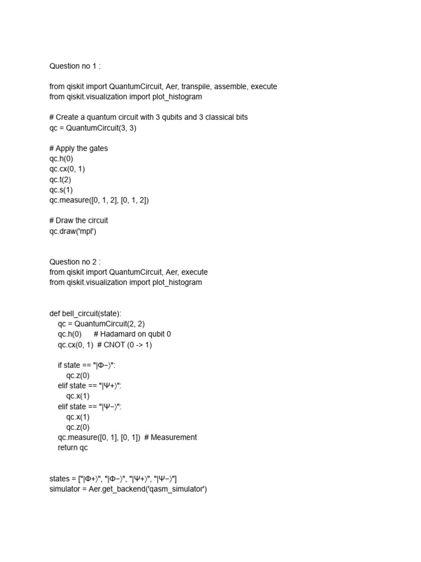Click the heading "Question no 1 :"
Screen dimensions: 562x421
point(75,66)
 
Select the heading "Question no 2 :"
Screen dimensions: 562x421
point(75,262)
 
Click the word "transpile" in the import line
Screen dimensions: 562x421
point(194,87)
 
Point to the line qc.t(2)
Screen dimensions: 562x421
point(60,179)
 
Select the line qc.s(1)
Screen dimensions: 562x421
point(61,190)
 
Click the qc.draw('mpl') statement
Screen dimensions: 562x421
point(72,231)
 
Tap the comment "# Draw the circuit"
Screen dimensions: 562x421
point(79,221)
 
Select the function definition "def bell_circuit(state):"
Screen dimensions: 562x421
point(86,313)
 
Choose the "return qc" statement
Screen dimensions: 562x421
point(72,448)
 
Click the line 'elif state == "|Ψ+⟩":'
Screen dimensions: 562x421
point(90,386)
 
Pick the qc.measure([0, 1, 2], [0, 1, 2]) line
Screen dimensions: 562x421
point(99,200)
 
